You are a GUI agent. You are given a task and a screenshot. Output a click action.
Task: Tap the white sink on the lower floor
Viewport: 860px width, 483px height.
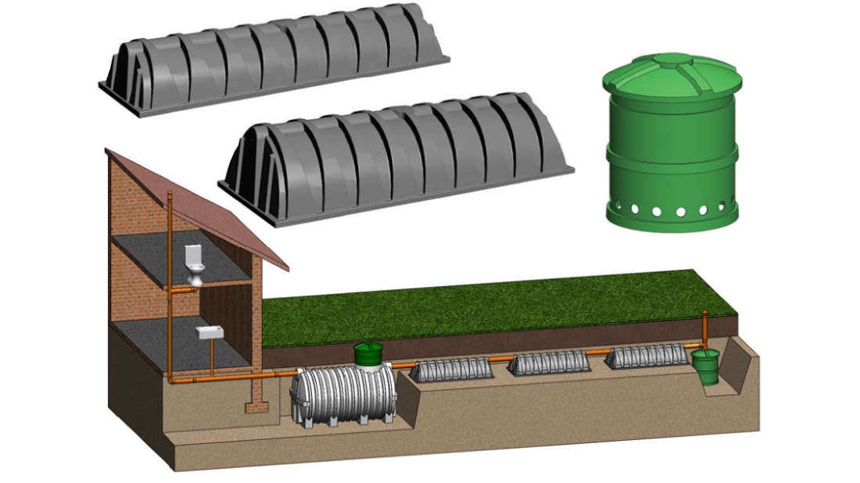click(207, 333)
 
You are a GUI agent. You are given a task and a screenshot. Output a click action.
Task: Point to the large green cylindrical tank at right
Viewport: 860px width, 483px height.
click(672, 148)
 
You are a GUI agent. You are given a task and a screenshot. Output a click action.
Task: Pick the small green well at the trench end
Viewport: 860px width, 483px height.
click(707, 366)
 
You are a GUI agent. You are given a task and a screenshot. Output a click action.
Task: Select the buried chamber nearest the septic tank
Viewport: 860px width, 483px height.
click(452, 368)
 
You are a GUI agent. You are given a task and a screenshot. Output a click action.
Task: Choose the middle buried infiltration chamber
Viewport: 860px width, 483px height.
click(550, 363)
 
